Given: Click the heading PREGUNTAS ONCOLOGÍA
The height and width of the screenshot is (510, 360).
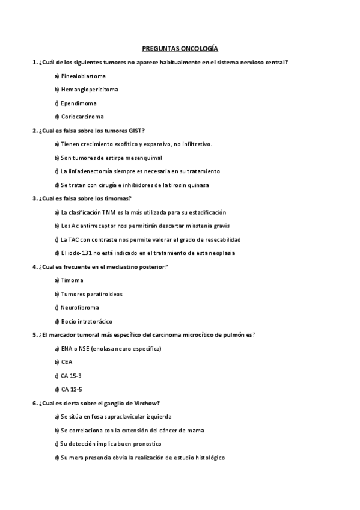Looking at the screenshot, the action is pos(180,49).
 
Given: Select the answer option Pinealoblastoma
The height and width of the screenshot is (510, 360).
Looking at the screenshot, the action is pos(83,76).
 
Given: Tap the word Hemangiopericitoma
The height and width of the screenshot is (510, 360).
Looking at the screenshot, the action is pos(90,90).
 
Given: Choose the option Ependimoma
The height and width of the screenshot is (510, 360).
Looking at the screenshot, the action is pos(78,103).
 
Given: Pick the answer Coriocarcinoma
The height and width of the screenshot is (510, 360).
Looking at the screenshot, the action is pos(82,117).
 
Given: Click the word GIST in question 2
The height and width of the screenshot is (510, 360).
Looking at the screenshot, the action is pos(135,131).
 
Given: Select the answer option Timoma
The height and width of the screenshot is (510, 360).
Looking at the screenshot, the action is pos(72,280).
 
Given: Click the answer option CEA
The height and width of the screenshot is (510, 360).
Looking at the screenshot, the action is pos(66,362).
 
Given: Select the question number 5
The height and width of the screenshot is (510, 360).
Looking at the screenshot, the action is pos(34,335).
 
